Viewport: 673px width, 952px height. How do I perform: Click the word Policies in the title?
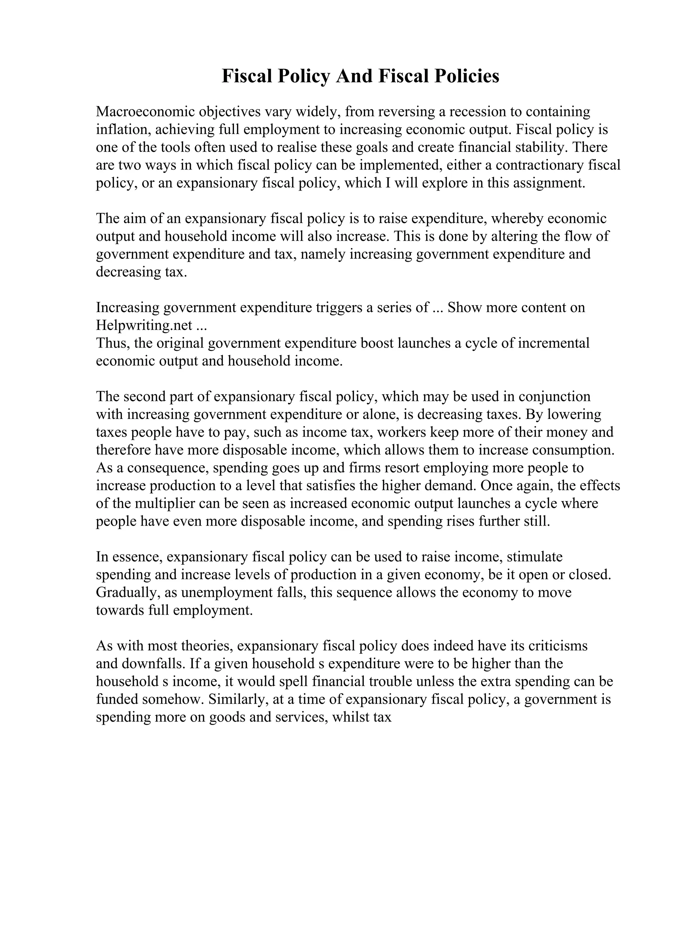click(x=467, y=76)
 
